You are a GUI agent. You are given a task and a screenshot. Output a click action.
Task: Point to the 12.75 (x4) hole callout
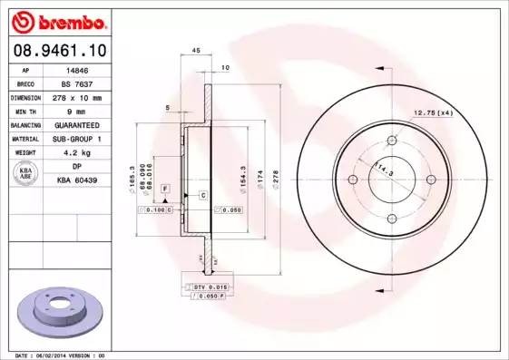tap(433, 112)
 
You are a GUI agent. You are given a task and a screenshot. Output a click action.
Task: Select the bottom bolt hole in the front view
tap(391, 216)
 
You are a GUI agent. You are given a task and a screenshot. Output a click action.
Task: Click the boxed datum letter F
tap(165, 187)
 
